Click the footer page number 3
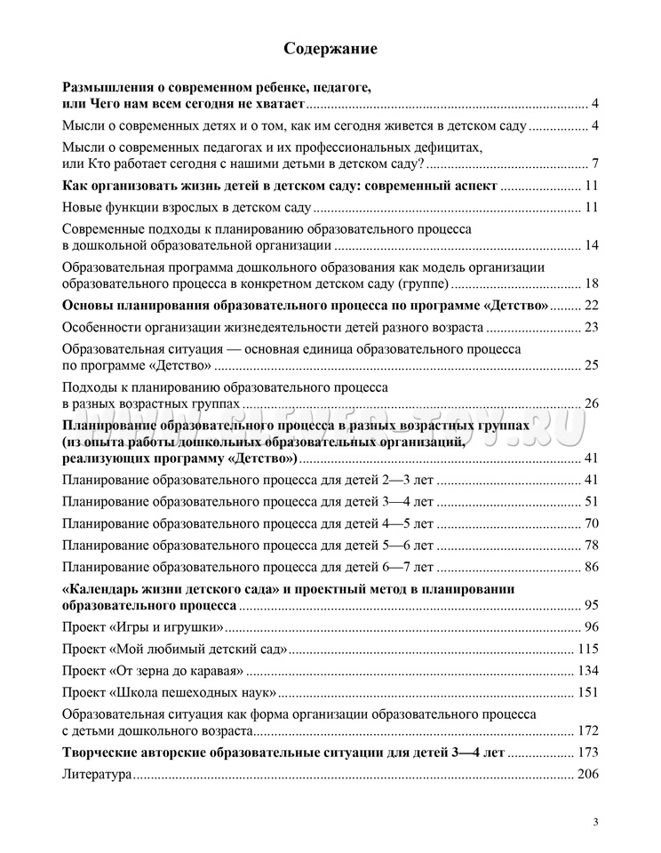coord(596,822)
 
